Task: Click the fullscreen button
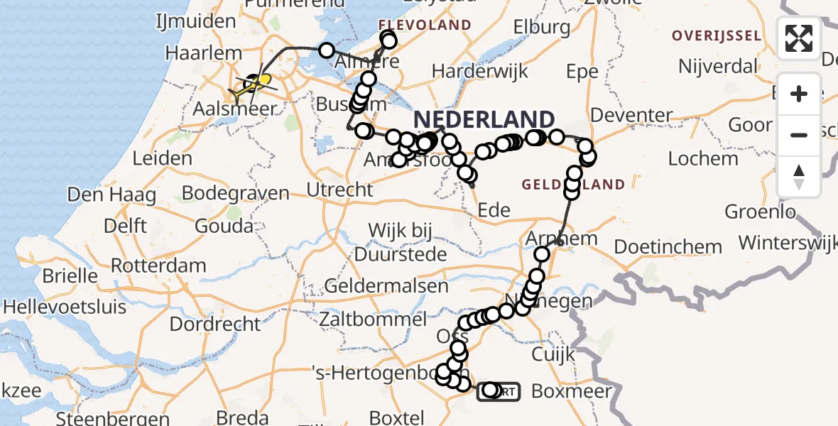coord(799,38)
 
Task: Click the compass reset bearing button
coord(799,177)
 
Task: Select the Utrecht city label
coord(339,190)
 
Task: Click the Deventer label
coord(631,115)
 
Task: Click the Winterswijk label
coord(786,242)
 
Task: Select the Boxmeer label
coord(571,390)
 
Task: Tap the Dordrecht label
coord(215,324)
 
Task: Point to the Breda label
coord(389,417)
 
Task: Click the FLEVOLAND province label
coord(425,26)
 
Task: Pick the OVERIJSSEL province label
coord(718,35)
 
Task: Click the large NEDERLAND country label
coord(484,119)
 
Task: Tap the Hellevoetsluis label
coord(65,307)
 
